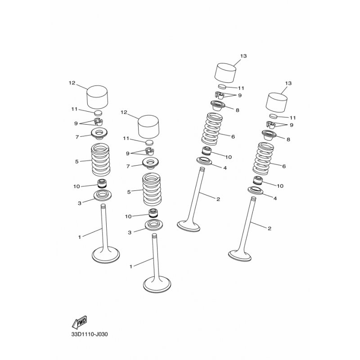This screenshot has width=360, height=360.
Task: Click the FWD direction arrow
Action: (79, 322)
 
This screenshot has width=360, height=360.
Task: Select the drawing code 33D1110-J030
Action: (89, 334)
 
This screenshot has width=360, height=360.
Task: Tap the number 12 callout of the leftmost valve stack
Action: (72, 83)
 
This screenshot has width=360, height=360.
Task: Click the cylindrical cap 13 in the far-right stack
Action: (276, 103)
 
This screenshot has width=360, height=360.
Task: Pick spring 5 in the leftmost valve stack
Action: (101, 160)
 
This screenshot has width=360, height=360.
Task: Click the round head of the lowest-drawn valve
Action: (157, 284)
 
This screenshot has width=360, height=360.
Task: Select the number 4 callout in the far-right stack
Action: (275, 198)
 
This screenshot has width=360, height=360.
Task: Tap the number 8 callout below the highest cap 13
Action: (238, 110)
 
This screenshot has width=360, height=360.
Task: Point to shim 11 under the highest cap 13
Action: (222, 86)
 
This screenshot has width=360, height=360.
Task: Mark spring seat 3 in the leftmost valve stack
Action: (101, 195)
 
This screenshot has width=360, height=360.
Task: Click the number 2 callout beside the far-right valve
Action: (270, 229)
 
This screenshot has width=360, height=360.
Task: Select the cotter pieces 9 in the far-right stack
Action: (271, 125)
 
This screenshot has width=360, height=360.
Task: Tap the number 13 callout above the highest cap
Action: (243, 56)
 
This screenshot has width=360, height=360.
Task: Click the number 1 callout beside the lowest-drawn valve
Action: (131, 266)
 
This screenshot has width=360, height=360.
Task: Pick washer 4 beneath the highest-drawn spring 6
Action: (204, 161)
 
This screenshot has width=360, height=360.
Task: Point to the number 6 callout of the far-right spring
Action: (284, 166)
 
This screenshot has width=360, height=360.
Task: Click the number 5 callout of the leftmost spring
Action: (76, 162)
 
